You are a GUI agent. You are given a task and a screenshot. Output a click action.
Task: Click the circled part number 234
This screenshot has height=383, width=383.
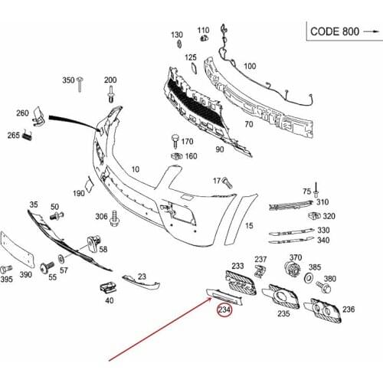pyautogui.click(x=224, y=310)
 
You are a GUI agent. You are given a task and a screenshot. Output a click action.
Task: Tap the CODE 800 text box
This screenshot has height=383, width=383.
pyautogui.click(x=343, y=31)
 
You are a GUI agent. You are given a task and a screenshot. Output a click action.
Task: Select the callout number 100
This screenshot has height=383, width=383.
pyautogui.click(x=250, y=67)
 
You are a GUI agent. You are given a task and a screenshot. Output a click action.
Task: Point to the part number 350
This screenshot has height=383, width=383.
pyautogui.click(x=68, y=80)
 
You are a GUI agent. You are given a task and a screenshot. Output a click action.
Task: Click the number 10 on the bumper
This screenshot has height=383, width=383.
pyautogui.click(x=136, y=169)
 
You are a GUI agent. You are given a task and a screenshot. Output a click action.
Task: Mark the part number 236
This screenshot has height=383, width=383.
pyautogui.click(x=349, y=309)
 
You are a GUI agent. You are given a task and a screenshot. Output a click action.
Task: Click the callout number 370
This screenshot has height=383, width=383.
pyautogui.click(x=296, y=257)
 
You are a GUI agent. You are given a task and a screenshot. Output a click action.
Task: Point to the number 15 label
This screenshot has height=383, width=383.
pyautogui.click(x=249, y=226)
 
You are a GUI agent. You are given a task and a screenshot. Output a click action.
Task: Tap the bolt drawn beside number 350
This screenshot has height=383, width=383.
pyautogui.click(x=87, y=80)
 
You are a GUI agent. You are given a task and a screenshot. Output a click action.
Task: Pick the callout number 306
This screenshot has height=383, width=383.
pyautogui.click(x=101, y=218)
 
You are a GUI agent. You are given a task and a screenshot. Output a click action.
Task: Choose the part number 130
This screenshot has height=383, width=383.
pyautogui.click(x=177, y=35)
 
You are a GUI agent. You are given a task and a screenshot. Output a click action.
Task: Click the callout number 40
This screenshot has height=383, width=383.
pyautogui.click(x=110, y=301)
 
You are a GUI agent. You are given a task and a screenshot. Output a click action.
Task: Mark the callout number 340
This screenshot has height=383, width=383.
pyautogui.click(x=323, y=241)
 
